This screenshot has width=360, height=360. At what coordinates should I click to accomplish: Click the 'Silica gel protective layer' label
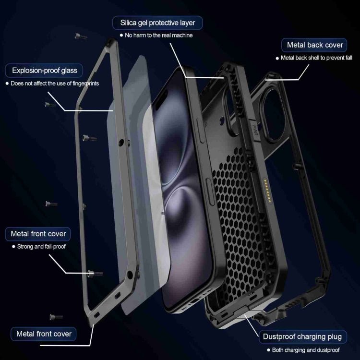(157, 23)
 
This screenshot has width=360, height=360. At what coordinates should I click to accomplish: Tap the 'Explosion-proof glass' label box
(44, 71)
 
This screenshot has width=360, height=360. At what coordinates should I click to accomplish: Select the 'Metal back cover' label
(314, 45)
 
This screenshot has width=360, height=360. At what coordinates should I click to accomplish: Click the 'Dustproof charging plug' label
(302, 337)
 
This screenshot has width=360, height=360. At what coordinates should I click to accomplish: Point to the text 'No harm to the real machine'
(159, 36)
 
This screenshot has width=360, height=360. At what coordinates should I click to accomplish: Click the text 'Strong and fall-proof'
(41, 247)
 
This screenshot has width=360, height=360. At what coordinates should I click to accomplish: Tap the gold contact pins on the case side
(267, 191)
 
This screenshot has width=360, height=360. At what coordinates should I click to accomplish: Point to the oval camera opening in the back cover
(273, 115)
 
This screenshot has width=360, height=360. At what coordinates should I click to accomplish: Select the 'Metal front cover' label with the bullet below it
(38, 234)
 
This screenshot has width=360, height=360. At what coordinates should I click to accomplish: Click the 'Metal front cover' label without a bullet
(43, 334)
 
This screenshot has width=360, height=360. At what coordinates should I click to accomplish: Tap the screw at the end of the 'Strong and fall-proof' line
(96, 274)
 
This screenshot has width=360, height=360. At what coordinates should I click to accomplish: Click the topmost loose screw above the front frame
(81, 36)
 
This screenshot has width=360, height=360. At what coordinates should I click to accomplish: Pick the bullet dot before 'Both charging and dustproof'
(268, 350)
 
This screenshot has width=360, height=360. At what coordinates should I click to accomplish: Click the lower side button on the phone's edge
(210, 192)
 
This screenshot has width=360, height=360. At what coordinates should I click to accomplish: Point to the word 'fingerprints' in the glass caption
(86, 84)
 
